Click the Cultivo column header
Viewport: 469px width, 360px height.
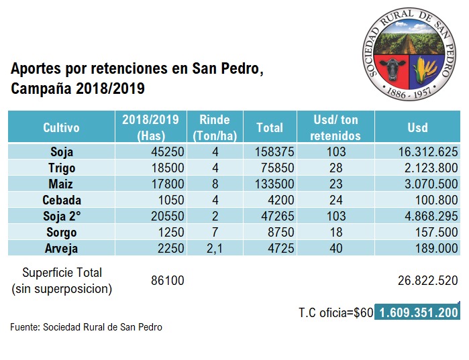pyautogui.click(x=61, y=127)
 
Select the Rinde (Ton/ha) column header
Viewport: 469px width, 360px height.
pyautogui.click(x=215, y=127)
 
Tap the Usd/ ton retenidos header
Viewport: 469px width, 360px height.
pyautogui.click(x=336, y=127)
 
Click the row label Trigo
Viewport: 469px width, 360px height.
pyautogui.click(x=62, y=168)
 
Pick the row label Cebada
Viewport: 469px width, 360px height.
pyautogui.click(x=62, y=200)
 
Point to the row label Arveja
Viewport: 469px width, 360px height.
pyautogui.click(x=62, y=248)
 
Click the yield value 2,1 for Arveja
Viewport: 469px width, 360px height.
pyautogui.click(x=215, y=248)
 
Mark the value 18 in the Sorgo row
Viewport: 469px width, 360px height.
pyautogui.click(x=336, y=232)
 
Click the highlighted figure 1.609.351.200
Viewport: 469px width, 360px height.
pyautogui.click(x=418, y=312)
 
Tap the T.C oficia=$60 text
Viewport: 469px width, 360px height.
pyautogui.click(x=335, y=312)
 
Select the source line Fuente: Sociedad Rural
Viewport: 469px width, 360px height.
pyautogui.click(x=86, y=327)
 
